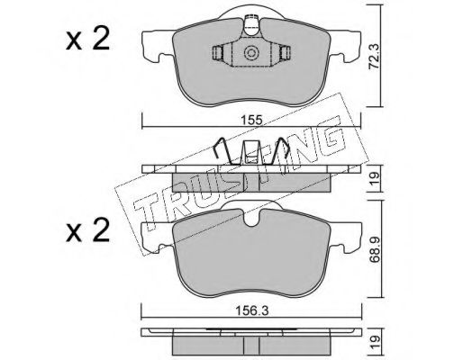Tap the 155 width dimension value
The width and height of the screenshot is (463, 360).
[251, 121]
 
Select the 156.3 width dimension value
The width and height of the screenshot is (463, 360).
[251, 310]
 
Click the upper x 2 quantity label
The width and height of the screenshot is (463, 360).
[87, 40]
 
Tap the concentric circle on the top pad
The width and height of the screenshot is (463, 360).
[251, 53]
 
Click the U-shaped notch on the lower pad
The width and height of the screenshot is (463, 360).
[251, 218]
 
